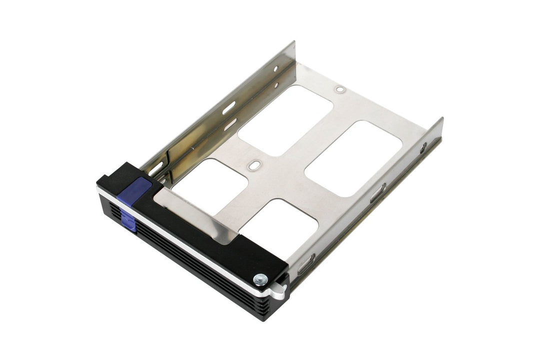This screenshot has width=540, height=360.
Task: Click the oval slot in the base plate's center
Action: (255, 163)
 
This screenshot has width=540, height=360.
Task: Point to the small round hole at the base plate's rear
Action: (340, 89)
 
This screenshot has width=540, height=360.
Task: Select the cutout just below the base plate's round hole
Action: (285, 119)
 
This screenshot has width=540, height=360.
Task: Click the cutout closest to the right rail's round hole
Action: (353, 158)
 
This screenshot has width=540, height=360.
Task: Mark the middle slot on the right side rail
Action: (377, 192)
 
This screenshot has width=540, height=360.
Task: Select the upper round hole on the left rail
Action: (275, 68)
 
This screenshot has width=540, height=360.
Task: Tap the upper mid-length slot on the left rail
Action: (229, 107)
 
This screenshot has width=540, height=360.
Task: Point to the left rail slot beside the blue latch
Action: (155, 169)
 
